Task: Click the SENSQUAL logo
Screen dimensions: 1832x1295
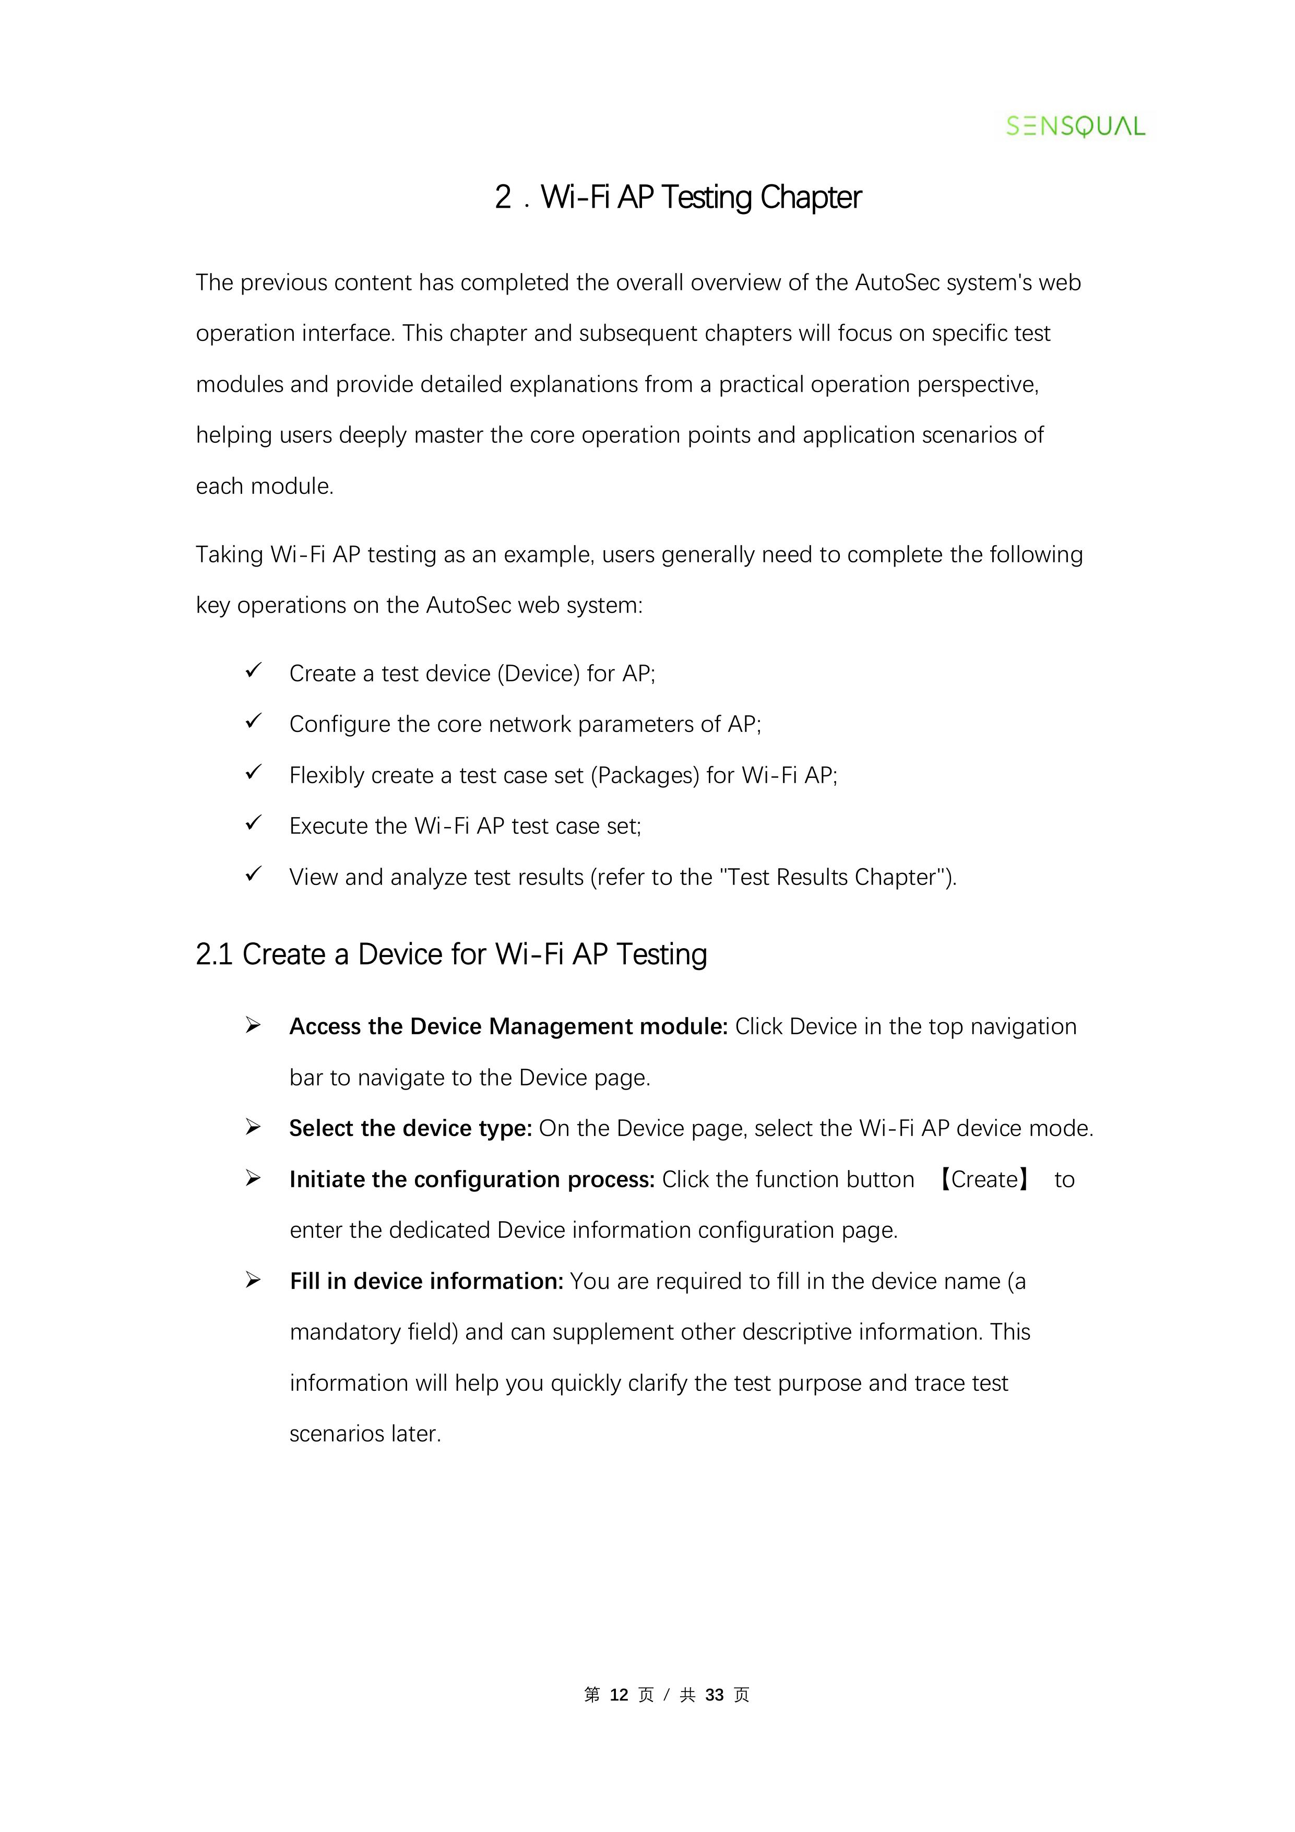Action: (1075, 126)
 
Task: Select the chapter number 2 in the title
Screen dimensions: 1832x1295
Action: (503, 197)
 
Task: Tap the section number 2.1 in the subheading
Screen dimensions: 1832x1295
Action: (214, 954)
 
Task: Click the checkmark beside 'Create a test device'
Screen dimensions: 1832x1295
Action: (254, 671)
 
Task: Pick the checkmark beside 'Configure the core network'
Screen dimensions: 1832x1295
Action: (254, 722)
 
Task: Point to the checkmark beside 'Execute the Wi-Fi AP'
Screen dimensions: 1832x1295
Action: (254, 823)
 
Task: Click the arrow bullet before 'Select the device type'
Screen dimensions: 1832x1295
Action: (254, 1128)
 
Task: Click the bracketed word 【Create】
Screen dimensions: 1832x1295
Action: (984, 1179)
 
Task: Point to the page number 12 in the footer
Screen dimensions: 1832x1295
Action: (619, 1695)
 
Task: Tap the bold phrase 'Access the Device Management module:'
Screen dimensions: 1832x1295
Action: (508, 1027)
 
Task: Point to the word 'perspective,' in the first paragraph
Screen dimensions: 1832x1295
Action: (978, 385)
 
